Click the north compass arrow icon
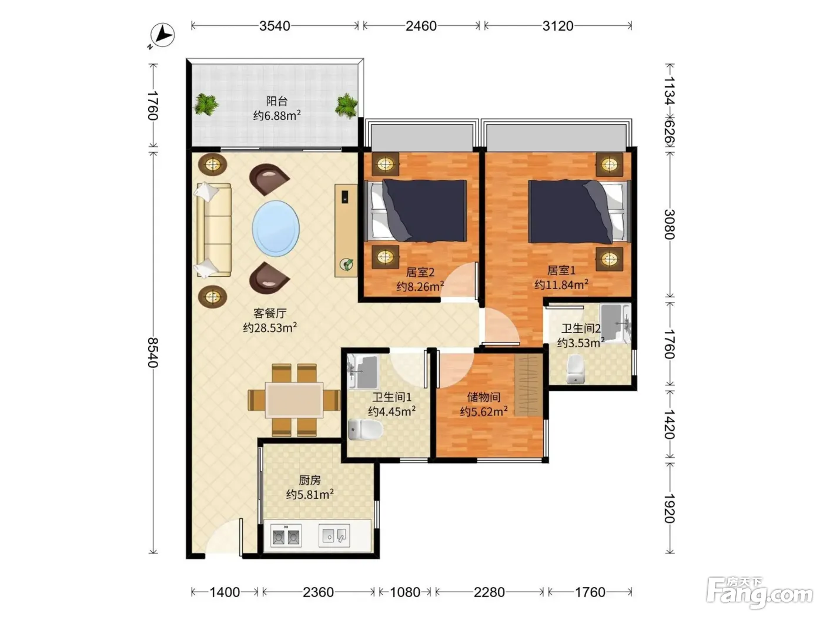pyautogui.click(x=162, y=35)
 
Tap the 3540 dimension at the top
pyautogui.click(x=275, y=26)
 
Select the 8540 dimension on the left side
pyautogui.click(x=153, y=352)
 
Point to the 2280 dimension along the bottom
pyautogui.click(x=489, y=592)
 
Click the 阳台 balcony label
pyautogui.click(x=277, y=100)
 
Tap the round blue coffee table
pyautogui.click(x=276, y=229)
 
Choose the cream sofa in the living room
pyautogui.click(x=213, y=230)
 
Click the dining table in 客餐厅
pyautogui.click(x=294, y=400)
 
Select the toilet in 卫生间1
pyautogui.click(x=365, y=430)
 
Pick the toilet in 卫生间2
pyautogui.click(x=575, y=369)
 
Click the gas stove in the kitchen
pyautogui.click(x=286, y=536)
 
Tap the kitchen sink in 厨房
pyautogui.click(x=334, y=535)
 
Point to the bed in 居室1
pyautogui.click(x=579, y=212)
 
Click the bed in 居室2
pyautogui.click(x=416, y=210)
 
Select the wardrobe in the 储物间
pyautogui.click(x=528, y=385)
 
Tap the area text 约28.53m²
pyautogui.click(x=270, y=327)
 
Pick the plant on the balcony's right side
pyautogui.click(x=346, y=106)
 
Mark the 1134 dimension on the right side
pyautogui.click(x=670, y=90)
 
